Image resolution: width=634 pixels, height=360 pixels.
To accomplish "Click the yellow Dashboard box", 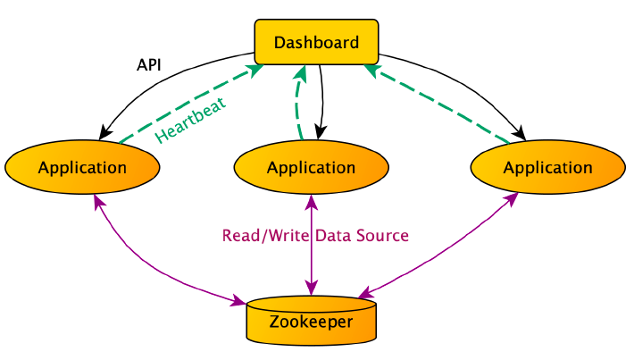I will pyautogui.click(x=316, y=42).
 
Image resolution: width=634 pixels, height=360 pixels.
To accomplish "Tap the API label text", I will pyautogui.click(x=149, y=65).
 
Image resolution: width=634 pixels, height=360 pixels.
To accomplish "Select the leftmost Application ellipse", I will pyautogui.click(x=82, y=167).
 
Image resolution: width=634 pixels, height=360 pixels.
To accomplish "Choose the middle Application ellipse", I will pyautogui.click(x=311, y=167).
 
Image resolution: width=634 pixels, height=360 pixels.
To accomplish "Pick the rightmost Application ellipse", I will pyautogui.click(x=547, y=167).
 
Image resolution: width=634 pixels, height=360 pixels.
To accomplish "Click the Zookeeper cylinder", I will pyautogui.click(x=311, y=322).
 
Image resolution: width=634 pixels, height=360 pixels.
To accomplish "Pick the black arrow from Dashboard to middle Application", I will pyautogui.click(x=321, y=98).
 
